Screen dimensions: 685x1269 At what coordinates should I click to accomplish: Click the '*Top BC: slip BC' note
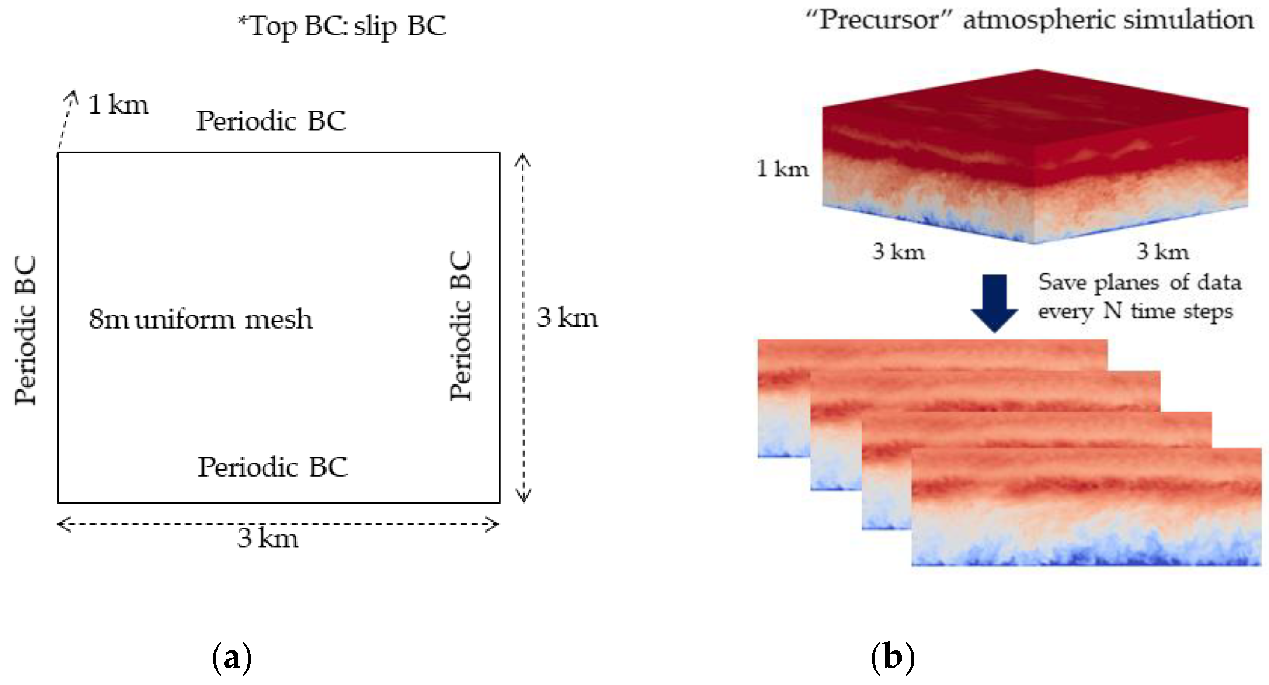(342, 26)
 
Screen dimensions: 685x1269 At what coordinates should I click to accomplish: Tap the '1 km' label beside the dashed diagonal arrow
(118, 104)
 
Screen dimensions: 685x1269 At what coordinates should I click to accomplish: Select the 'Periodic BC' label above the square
(271, 121)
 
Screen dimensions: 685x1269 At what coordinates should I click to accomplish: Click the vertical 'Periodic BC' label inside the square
(461, 326)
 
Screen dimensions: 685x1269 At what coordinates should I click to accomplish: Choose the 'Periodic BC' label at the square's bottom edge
(272, 467)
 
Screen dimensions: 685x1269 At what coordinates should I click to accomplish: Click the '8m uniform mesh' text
(201, 318)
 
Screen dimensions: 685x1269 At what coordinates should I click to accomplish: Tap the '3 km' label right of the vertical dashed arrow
(567, 317)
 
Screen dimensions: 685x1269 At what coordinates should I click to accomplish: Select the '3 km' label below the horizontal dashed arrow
(268, 538)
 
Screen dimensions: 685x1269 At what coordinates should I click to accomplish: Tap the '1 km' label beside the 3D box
(782, 169)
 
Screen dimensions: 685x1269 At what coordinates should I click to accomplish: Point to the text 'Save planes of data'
(1140, 282)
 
